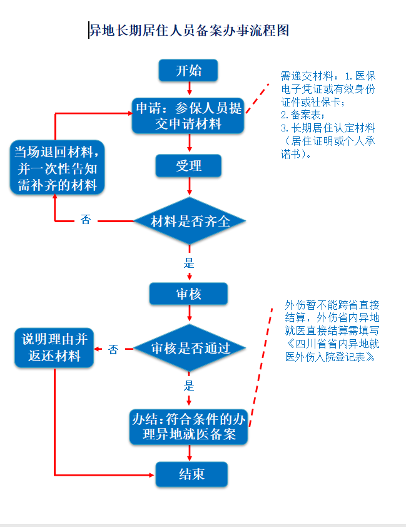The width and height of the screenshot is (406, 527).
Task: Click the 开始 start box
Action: click(x=188, y=70)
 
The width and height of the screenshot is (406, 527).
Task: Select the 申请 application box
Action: click(x=188, y=116)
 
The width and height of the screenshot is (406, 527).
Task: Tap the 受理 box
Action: click(x=188, y=166)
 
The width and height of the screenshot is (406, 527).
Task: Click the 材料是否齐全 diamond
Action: click(x=190, y=221)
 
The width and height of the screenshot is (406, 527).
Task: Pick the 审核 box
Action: click(x=188, y=294)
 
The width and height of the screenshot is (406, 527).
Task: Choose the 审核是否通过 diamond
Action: click(x=190, y=348)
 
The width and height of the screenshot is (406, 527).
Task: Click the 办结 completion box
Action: click(x=188, y=427)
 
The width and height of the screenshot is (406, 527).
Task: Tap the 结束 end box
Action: click(x=191, y=474)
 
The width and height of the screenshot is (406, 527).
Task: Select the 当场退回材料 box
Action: click(x=57, y=167)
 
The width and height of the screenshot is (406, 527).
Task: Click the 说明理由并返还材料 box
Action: click(x=54, y=347)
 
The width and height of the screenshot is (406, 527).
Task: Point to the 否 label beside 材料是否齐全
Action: click(x=86, y=220)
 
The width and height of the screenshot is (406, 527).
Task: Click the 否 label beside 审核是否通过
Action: click(x=113, y=349)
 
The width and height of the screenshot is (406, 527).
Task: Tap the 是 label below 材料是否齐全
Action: click(x=189, y=262)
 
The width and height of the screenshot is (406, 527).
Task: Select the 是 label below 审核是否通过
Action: click(x=189, y=386)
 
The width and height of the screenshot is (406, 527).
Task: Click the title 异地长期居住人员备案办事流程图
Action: click(x=189, y=31)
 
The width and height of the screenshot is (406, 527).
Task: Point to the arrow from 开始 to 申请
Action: click(x=190, y=88)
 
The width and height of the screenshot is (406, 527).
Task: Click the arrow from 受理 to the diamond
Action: click(x=190, y=186)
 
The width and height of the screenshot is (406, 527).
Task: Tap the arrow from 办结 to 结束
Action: click(x=190, y=453)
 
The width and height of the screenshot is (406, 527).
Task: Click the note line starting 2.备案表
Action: click(x=303, y=115)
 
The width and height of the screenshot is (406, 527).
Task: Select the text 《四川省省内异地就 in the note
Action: click(x=332, y=344)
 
